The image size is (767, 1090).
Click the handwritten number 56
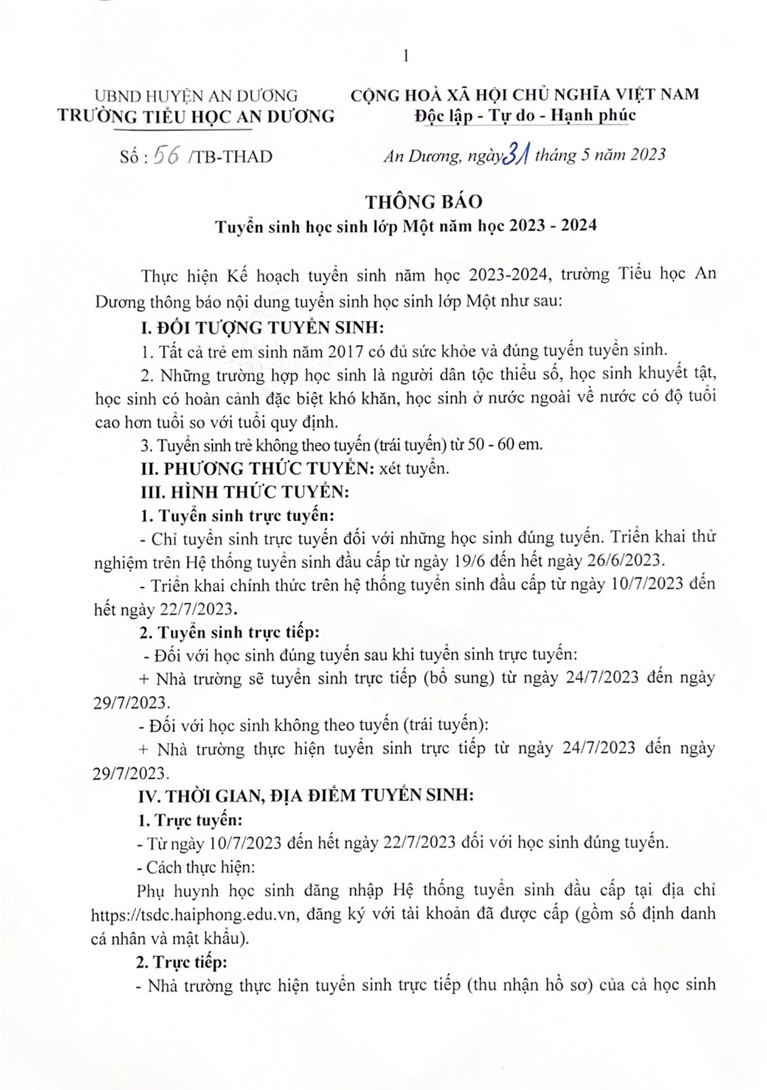pos(166,156)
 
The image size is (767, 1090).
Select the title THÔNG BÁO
pos(424,202)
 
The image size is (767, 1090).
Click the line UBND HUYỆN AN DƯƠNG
pos(196,96)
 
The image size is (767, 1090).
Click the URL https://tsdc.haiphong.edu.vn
pos(195,913)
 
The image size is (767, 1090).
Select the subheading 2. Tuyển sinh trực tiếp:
pos(229,632)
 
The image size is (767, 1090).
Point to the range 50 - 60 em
pos(510,445)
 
